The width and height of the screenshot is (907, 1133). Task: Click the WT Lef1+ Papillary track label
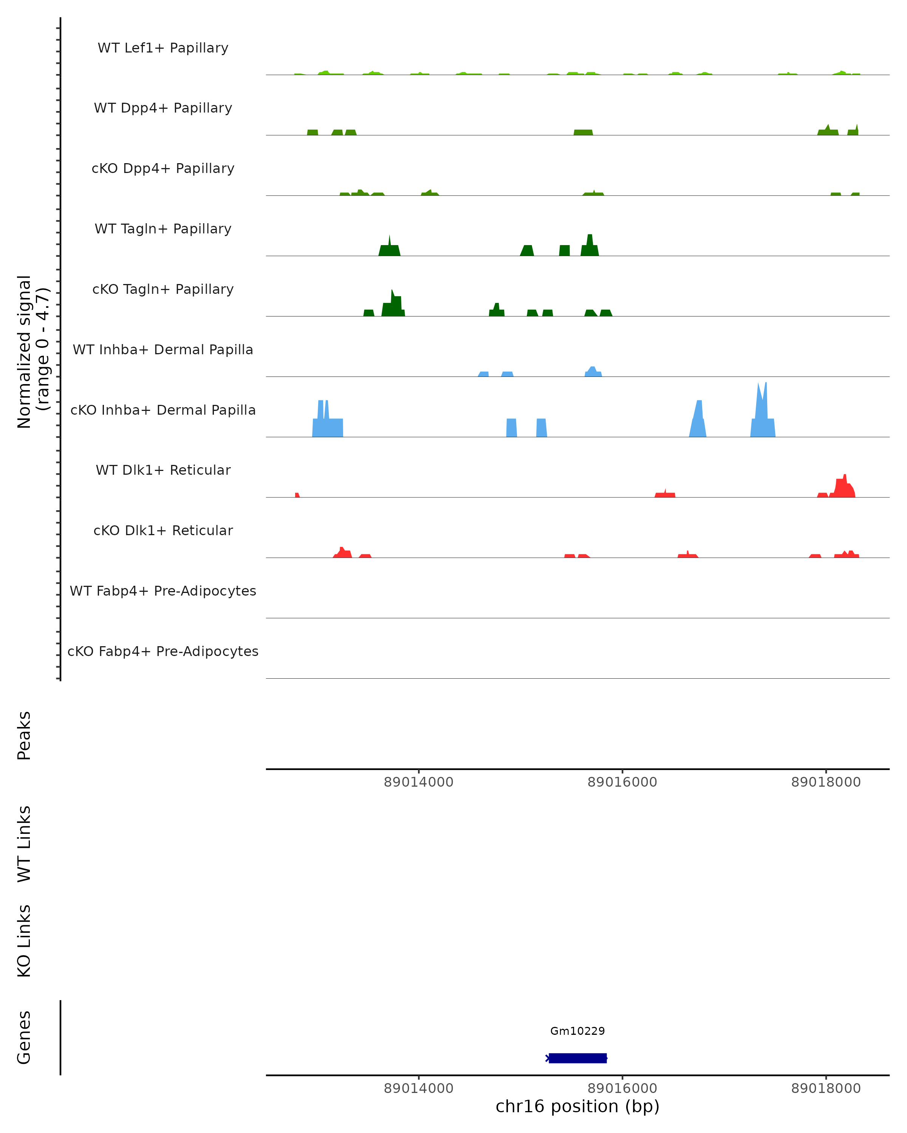163,48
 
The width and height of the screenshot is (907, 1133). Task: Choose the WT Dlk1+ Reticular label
163,470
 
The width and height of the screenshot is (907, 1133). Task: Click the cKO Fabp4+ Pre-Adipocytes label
163,651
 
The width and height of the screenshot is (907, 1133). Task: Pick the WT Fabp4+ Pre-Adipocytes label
163,591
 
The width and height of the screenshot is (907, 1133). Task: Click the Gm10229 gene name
577,1031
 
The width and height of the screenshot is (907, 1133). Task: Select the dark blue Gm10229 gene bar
577,1058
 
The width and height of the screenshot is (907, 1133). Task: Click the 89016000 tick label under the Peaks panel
622,782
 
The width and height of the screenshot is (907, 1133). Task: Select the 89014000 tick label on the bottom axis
418,1088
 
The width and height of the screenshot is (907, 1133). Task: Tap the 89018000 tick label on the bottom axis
825,1088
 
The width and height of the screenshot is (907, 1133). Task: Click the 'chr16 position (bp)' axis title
577,1107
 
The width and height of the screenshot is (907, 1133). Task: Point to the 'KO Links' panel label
24,941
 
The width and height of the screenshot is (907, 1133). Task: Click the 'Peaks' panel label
24,735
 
